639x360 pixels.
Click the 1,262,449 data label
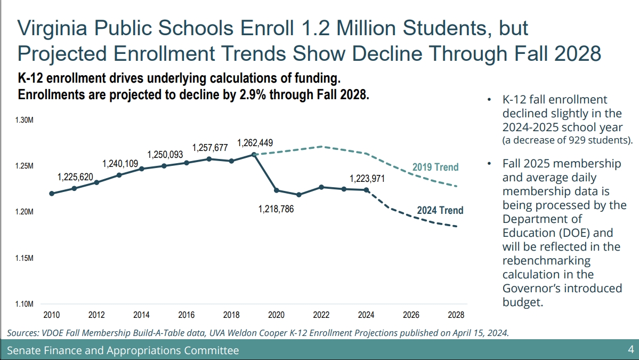coord(255,143)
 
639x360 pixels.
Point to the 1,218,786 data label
coord(276,210)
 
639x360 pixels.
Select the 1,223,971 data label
coord(368,179)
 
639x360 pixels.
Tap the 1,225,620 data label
coord(75,177)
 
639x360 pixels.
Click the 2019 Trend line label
coord(435,167)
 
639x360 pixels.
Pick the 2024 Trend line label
coord(440,210)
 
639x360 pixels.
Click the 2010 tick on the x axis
coord(51,315)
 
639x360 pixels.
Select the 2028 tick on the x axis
coord(456,315)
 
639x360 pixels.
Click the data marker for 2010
coord(52,194)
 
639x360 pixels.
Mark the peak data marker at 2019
coord(254,155)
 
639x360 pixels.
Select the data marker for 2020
coord(277,190)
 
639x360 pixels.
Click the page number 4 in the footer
coord(630,350)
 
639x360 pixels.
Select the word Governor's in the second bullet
coord(536,289)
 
